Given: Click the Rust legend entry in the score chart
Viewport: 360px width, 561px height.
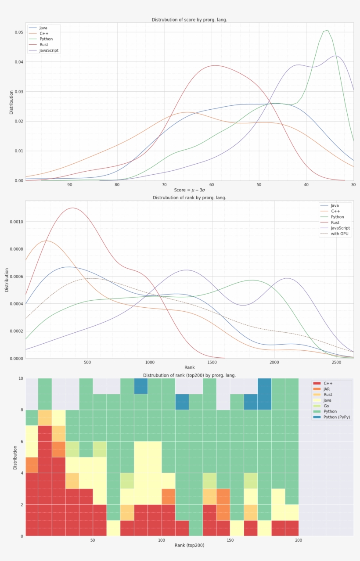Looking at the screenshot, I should [43, 45].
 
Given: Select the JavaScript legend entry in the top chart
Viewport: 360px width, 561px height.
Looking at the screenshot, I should [49, 50].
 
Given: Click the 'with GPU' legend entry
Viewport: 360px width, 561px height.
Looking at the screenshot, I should [340, 234].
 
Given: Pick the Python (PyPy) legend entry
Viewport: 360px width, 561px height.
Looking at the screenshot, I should [336, 417].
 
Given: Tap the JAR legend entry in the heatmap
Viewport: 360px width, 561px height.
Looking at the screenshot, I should [327, 389].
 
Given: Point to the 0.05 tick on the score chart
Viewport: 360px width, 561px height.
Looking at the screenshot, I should [19, 32].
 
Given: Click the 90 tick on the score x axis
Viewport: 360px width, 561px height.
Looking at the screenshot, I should [70, 184].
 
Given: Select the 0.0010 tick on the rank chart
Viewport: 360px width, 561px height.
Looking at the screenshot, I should [16, 222].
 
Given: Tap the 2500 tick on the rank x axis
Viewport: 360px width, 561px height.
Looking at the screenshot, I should [336, 362].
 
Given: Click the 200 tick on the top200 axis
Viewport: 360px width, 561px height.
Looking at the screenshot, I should [299, 540].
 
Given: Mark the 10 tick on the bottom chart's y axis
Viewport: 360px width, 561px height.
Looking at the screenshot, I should [21, 378].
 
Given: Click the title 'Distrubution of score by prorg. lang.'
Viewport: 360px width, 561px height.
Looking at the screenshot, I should [189, 20].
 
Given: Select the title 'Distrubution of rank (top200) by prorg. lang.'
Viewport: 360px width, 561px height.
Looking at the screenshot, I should [189, 375].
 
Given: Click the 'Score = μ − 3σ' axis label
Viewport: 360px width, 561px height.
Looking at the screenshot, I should [189, 190].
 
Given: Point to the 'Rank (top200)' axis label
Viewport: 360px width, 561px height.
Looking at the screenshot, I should [189, 545].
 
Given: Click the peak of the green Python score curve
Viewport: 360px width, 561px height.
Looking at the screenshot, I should [327, 30].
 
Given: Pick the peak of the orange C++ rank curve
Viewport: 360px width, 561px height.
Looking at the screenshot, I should [47, 241].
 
